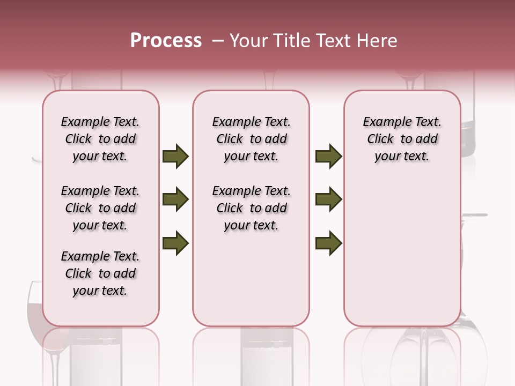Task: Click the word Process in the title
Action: coord(166,41)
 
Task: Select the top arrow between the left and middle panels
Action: coord(175,157)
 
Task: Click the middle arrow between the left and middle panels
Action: coord(175,200)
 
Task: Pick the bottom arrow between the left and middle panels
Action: coord(175,243)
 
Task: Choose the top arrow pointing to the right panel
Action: coord(328,157)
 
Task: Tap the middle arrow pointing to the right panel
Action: coord(328,200)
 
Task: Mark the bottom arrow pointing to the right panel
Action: coord(328,243)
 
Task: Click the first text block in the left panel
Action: coord(100,139)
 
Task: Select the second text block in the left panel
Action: coord(100,208)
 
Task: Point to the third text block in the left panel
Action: coord(100,273)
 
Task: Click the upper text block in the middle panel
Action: coord(251,139)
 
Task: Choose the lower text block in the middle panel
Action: coord(251,208)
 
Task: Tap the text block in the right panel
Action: coord(402,139)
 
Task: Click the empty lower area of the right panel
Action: coord(402,252)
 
